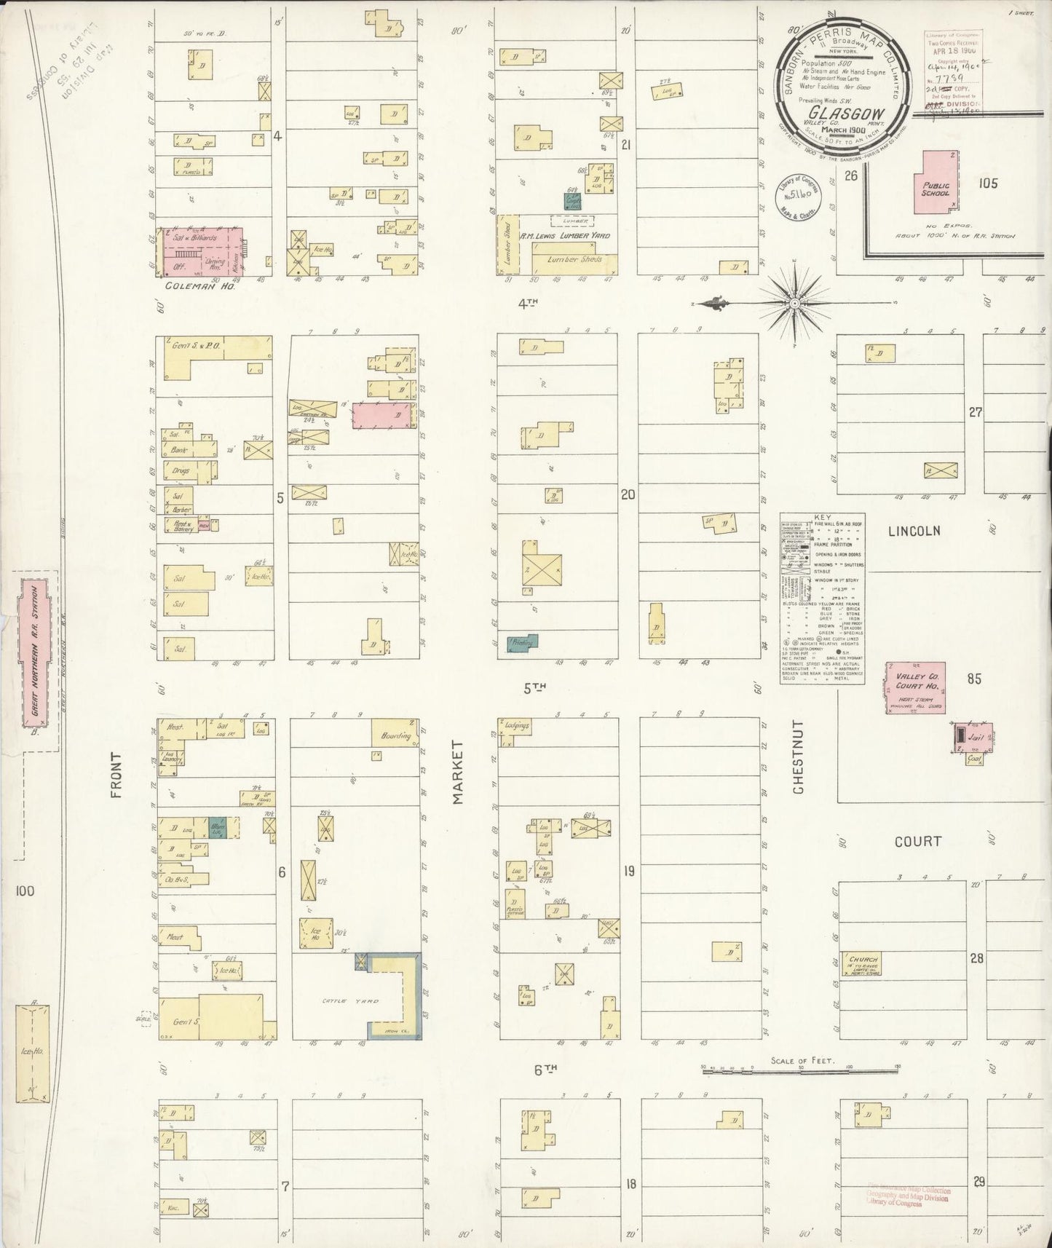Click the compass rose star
pyautogui.click(x=795, y=303)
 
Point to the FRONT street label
pyautogui.click(x=116, y=775)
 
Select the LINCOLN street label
pyautogui.click(x=914, y=532)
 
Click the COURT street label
pyautogui.click(x=917, y=842)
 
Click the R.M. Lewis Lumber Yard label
pyautogui.click(x=564, y=237)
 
